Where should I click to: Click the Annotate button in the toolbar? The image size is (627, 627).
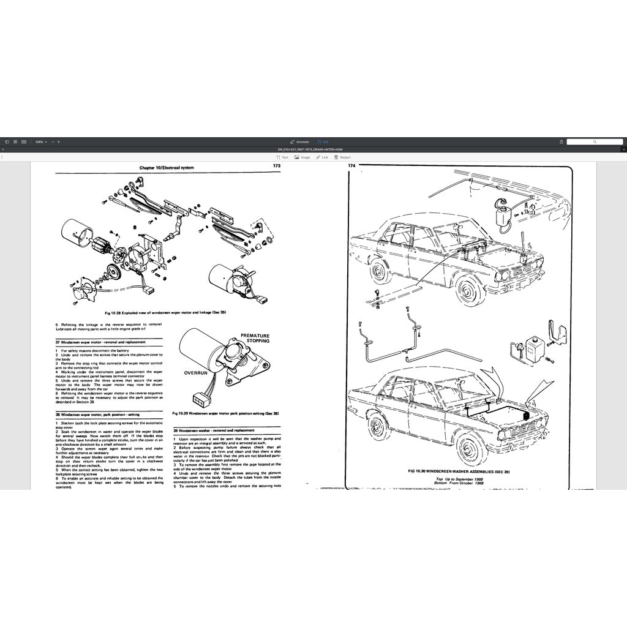299,141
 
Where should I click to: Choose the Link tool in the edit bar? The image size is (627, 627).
322,157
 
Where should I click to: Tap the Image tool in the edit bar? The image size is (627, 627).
302,157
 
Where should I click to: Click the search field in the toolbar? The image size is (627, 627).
594,141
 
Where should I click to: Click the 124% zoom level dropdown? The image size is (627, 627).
40,141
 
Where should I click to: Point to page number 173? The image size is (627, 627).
277,166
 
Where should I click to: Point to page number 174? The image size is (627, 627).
351,166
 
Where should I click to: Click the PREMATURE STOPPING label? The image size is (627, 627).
255,339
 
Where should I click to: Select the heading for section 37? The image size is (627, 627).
100,342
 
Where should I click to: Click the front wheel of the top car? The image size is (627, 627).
470,291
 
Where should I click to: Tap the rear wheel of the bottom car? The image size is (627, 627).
378,426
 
